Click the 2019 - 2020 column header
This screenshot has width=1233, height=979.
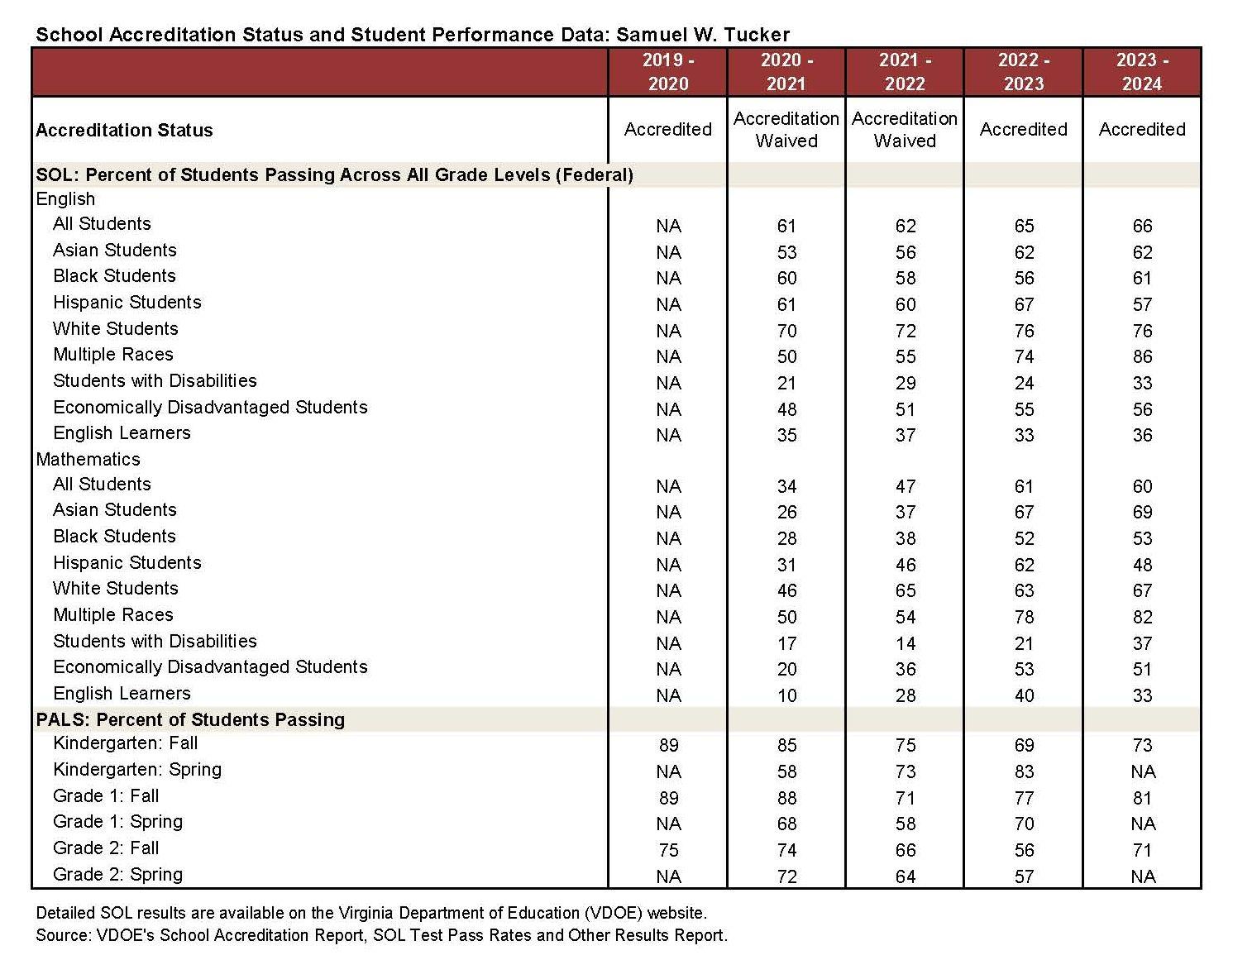pos(667,72)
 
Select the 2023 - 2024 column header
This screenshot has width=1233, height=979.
pos(1141,72)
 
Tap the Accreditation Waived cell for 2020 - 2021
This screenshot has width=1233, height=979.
pos(786,130)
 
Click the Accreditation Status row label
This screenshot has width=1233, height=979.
pos(125,130)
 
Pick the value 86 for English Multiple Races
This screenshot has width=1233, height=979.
pos(1142,356)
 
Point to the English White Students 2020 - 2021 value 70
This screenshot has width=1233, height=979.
pos(786,331)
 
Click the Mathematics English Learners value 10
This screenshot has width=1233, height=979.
pos(786,695)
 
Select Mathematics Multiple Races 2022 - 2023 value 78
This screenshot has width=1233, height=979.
pos(1024,617)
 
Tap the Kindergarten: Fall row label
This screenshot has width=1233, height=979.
pos(126,743)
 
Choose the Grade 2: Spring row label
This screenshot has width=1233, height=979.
pos(117,874)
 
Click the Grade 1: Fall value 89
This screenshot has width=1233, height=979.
pos(668,798)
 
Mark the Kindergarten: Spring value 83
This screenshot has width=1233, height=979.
pos(1024,771)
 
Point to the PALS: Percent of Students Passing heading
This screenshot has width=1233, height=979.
pos(190,719)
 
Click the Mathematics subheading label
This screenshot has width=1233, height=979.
pos(88,459)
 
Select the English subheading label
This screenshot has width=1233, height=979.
pos(65,199)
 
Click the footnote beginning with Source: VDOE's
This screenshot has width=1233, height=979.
pos(381,935)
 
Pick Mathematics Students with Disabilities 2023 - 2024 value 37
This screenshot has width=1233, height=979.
pos(1142,643)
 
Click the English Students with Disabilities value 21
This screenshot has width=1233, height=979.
pos(786,383)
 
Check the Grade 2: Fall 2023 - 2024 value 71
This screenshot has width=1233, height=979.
pos(1142,850)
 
